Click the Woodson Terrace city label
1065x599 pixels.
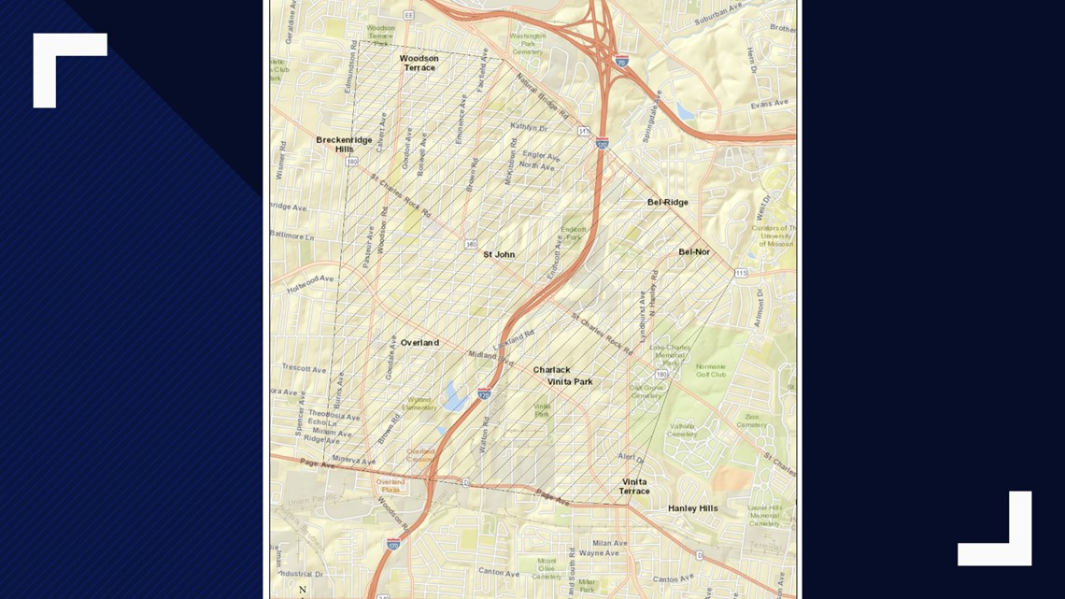[x=419, y=63]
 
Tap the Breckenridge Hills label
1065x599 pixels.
[x=344, y=144]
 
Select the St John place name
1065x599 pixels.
[x=499, y=254]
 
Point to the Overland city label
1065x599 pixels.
[x=419, y=343]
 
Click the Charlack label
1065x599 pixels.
[x=551, y=370]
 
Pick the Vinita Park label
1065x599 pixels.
[x=570, y=382]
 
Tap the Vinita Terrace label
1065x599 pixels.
[x=634, y=486]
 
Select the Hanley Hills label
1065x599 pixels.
[x=693, y=508]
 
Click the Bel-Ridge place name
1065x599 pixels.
[x=668, y=202]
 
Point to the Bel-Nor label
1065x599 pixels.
[x=694, y=251]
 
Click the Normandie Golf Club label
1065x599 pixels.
[x=711, y=370]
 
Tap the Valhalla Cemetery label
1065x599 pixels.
[x=683, y=430]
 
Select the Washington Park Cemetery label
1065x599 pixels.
[x=527, y=44]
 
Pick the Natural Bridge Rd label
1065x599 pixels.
[x=543, y=96]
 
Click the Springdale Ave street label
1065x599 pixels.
[x=651, y=116]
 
